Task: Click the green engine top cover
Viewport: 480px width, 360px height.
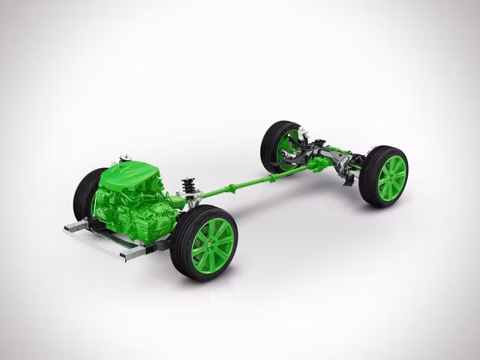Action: click(135, 177)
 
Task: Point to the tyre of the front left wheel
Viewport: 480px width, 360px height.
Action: click(83, 193)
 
